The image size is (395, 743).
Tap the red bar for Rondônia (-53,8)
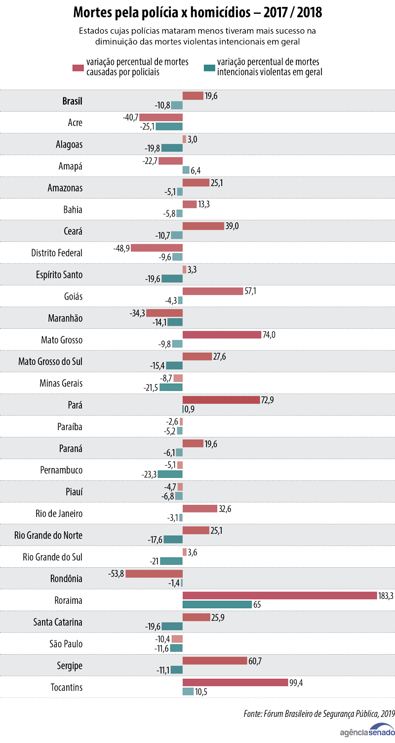(x=154, y=574)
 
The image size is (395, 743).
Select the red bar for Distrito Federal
(x=157, y=248)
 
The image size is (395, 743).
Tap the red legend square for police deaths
(x=78, y=67)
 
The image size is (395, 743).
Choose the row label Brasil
(x=72, y=101)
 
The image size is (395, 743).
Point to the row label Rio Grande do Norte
(x=48, y=536)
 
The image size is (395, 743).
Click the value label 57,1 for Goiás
(x=250, y=291)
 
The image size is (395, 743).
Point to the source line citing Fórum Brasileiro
(x=319, y=713)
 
